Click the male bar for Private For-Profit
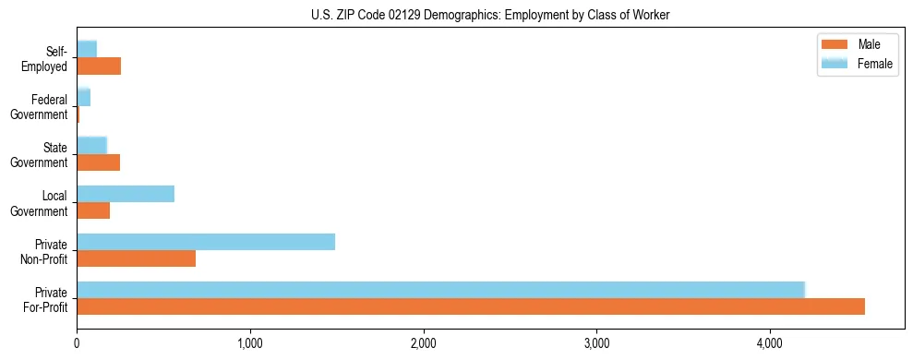(x=471, y=306)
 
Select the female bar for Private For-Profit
(x=441, y=289)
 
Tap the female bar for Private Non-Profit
(x=206, y=242)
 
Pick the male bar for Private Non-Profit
(x=137, y=258)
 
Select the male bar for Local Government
(x=93, y=210)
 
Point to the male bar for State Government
(x=99, y=162)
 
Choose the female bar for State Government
(x=92, y=145)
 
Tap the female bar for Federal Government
(x=84, y=97)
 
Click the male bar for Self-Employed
(x=99, y=66)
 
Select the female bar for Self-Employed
(x=87, y=49)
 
